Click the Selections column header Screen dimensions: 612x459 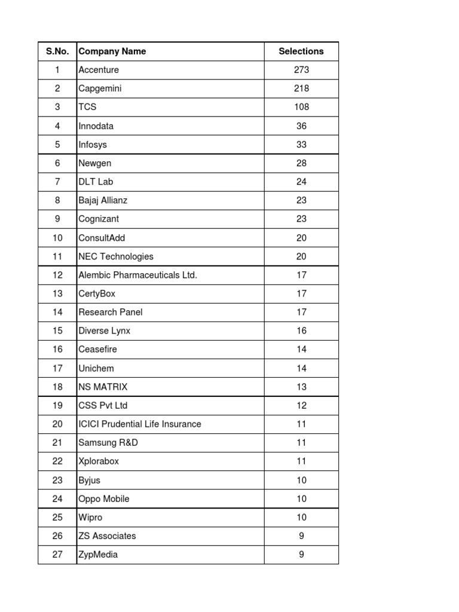[301, 51]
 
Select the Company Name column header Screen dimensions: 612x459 [112, 51]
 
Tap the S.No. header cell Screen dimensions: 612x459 [57, 51]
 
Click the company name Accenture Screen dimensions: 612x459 [99, 70]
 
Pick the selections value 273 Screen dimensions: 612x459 [301, 70]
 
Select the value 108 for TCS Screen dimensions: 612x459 [301, 107]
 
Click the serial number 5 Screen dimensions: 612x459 [57, 145]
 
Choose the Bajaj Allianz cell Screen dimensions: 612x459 [103, 200]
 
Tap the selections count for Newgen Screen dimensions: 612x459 [301, 163]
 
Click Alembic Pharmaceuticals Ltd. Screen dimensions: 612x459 [137, 275]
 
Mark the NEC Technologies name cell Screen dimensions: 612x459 [116, 256]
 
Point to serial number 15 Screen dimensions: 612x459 [57, 331]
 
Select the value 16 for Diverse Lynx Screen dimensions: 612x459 [301, 331]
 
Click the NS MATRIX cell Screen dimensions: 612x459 [103, 387]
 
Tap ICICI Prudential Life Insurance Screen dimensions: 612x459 [140, 424]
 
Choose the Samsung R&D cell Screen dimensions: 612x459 [108, 442]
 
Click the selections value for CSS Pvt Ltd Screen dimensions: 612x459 [301, 405]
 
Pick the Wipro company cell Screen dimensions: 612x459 [90, 517]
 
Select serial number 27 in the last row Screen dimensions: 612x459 [57, 554]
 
